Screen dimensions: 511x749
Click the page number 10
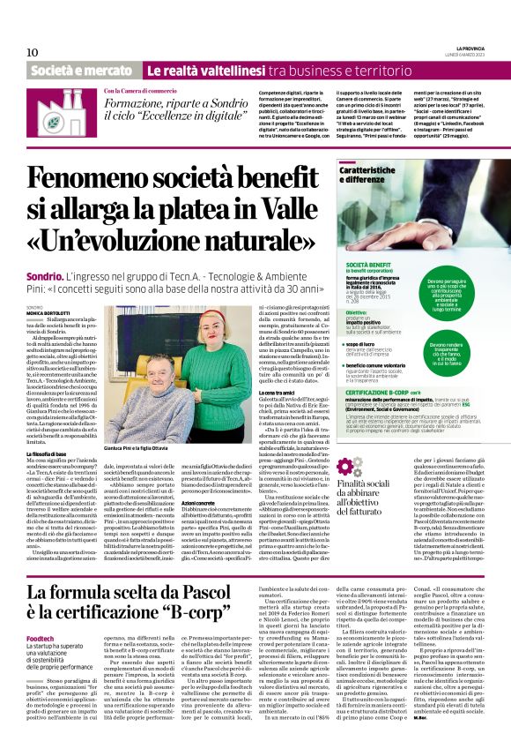point(33,52)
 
